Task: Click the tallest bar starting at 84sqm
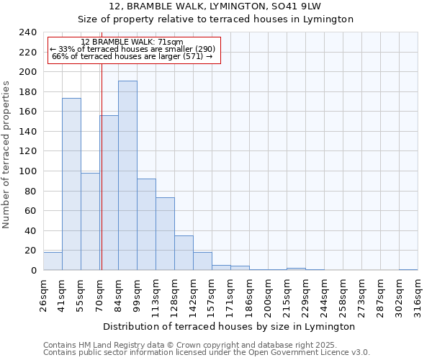127,176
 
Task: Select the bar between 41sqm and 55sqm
71,184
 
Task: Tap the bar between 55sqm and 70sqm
90,222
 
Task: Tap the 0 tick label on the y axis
34,271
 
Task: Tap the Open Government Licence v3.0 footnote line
206,353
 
